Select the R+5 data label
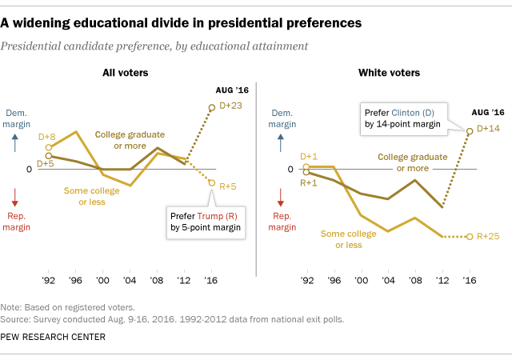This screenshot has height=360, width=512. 227,184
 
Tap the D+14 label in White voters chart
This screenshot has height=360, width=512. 489,128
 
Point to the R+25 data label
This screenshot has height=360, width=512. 489,237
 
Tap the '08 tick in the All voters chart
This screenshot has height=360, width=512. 159,282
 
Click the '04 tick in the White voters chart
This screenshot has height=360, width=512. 388,282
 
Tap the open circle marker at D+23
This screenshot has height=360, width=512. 212,106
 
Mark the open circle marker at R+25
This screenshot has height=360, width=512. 470,237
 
